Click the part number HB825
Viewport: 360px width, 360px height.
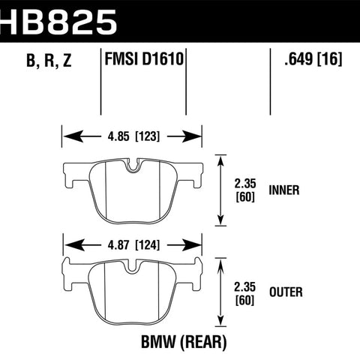pos(58,22)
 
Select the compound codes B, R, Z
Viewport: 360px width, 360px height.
pos(49,61)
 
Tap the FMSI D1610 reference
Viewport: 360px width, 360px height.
pos(144,59)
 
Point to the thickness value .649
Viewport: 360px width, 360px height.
pos(298,59)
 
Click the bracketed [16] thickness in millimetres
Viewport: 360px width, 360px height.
pos(329,59)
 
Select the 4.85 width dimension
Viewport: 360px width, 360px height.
pos(118,136)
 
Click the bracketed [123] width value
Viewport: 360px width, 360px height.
pos(148,136)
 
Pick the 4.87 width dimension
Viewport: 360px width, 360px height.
pos(118,245)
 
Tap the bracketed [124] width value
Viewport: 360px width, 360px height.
pos(148,245)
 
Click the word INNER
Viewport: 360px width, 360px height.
pos(284,190)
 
